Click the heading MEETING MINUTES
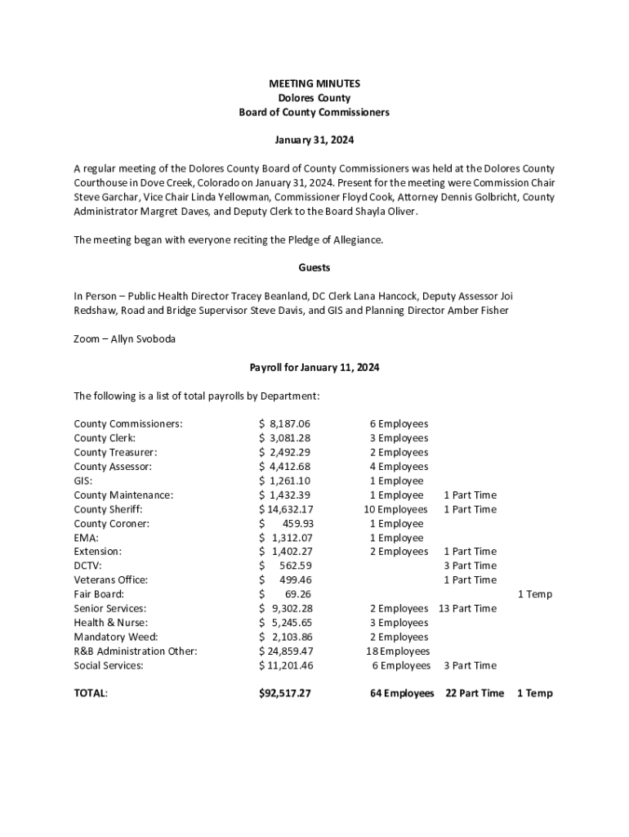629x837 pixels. pyautogui.click(x=314, y=83)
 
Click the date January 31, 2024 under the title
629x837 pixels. pyautogui.click(x=314, y=141)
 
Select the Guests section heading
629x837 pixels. pyautogui.click(x=314, y=268)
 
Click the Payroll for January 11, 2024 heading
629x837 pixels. pyautogui.click(x=314, y=368)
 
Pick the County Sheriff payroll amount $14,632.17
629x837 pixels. pyautogui.click(x=285, y=509)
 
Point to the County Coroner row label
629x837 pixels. pyautogui.click(x=112, y=524)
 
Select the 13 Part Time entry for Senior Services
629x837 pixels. pyautogui.click(x=467, y=609)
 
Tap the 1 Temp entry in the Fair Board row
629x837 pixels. pyautogui.click(x=535, y=594)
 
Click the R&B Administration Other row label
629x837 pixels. pyautogui.click(x=136, y=651)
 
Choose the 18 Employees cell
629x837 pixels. pyautogui.click(x=398, y=651)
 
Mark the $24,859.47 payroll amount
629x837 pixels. pyautogui.click(x=285, y=651)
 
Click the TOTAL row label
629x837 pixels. pyautogui.click(x=91, y=693)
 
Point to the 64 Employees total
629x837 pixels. pyautogui.click(x=402, y=693)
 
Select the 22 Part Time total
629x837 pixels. pyautogui.click(x=475, y=693)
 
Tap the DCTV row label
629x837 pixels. pyautogui.click(x=87, y=566)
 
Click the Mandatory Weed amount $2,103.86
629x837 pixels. pyautogui.click(x=285, y=637)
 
